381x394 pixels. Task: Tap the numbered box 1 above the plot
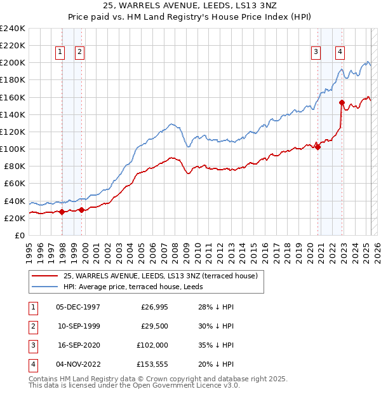click(x=60, y=53)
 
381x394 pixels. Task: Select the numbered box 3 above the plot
click(x=315, y=53)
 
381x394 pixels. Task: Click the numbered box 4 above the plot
click(x=340, y=53)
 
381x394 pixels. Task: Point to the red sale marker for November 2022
click(x=342, y=102)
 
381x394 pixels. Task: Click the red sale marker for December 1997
click(x=62, y=212)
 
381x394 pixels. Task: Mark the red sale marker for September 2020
click(x=317, y=147)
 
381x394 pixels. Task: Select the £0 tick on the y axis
click(x=19, y=235)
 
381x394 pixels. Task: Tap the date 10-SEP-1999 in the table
click(x=79, y=326)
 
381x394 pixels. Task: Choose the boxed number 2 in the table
click(x=32, y=326)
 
